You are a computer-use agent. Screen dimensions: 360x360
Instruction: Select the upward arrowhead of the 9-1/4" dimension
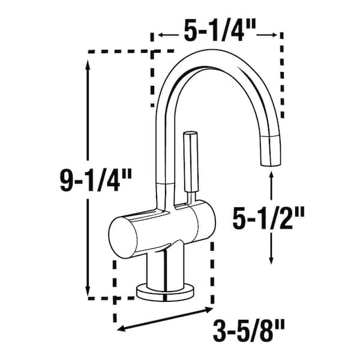[89, 67]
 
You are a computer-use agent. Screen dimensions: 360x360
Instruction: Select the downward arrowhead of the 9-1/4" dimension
[89, 287]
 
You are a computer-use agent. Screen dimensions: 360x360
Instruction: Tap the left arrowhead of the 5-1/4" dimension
[155, 36]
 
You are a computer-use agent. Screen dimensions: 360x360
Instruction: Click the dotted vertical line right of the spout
[282, 78]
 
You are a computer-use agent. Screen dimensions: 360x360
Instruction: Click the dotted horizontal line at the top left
[120, 52]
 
